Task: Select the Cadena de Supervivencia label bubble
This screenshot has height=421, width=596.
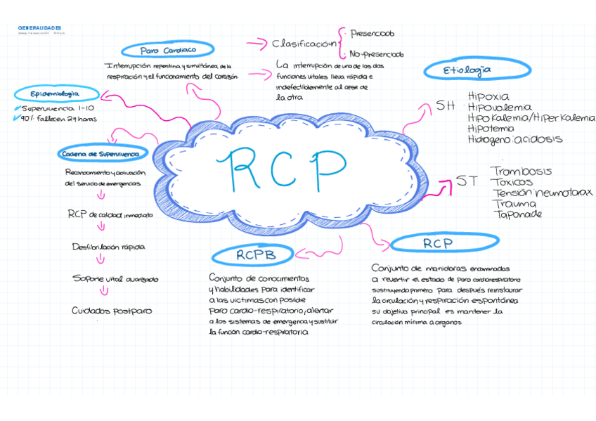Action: tap(100, 154)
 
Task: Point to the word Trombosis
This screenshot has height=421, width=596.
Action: tap(521, 171)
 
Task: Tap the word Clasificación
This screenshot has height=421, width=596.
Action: tap(304, 44)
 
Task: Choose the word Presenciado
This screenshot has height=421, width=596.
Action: tap(372, 33)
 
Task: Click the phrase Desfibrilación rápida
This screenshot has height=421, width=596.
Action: tap(108, 247)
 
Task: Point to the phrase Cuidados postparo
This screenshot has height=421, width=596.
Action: tap(112, 311)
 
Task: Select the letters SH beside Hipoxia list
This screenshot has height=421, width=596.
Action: tap(446, 106)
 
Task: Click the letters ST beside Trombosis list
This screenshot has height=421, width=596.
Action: tap(467, 181)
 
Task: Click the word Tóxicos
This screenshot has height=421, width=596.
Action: tap(512, 182)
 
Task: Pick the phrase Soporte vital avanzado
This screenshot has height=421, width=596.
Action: tap(115, 279)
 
